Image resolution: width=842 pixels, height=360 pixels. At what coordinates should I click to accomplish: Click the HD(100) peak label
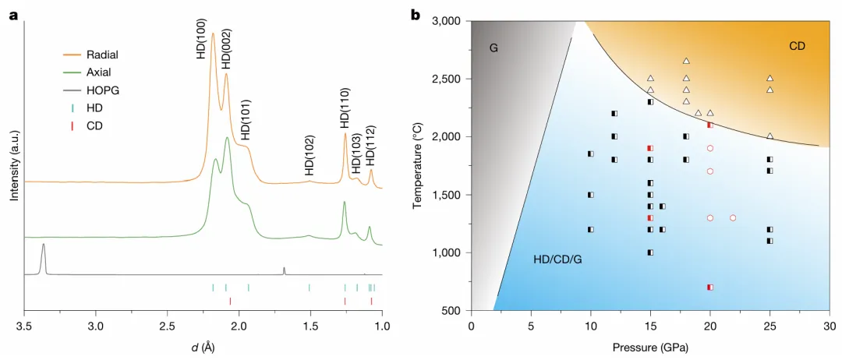tap(201, 39)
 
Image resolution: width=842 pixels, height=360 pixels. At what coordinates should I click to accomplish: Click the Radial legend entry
tap(102, 55)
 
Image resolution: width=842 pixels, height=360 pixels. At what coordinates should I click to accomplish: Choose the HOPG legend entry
tap(102, 90)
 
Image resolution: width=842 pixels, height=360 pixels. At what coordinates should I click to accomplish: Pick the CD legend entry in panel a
tap(94, 125)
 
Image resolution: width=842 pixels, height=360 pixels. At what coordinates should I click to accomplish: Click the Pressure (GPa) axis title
tap(649, 347)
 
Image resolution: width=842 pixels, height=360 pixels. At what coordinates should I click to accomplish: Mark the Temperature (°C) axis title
tap(417, 165)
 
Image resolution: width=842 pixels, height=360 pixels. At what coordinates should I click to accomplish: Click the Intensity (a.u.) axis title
tap(13, 166)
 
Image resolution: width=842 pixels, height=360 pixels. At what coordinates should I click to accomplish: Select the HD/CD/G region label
tap(557, 258)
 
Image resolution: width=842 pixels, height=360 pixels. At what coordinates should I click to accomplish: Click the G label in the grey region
tap(494, 48)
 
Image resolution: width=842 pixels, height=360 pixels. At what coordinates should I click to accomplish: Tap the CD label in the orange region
tap(797, 46)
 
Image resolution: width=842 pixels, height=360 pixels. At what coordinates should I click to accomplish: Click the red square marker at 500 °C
tap(710, 288)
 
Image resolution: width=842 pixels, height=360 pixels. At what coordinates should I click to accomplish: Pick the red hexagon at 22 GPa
tap(734, 217)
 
